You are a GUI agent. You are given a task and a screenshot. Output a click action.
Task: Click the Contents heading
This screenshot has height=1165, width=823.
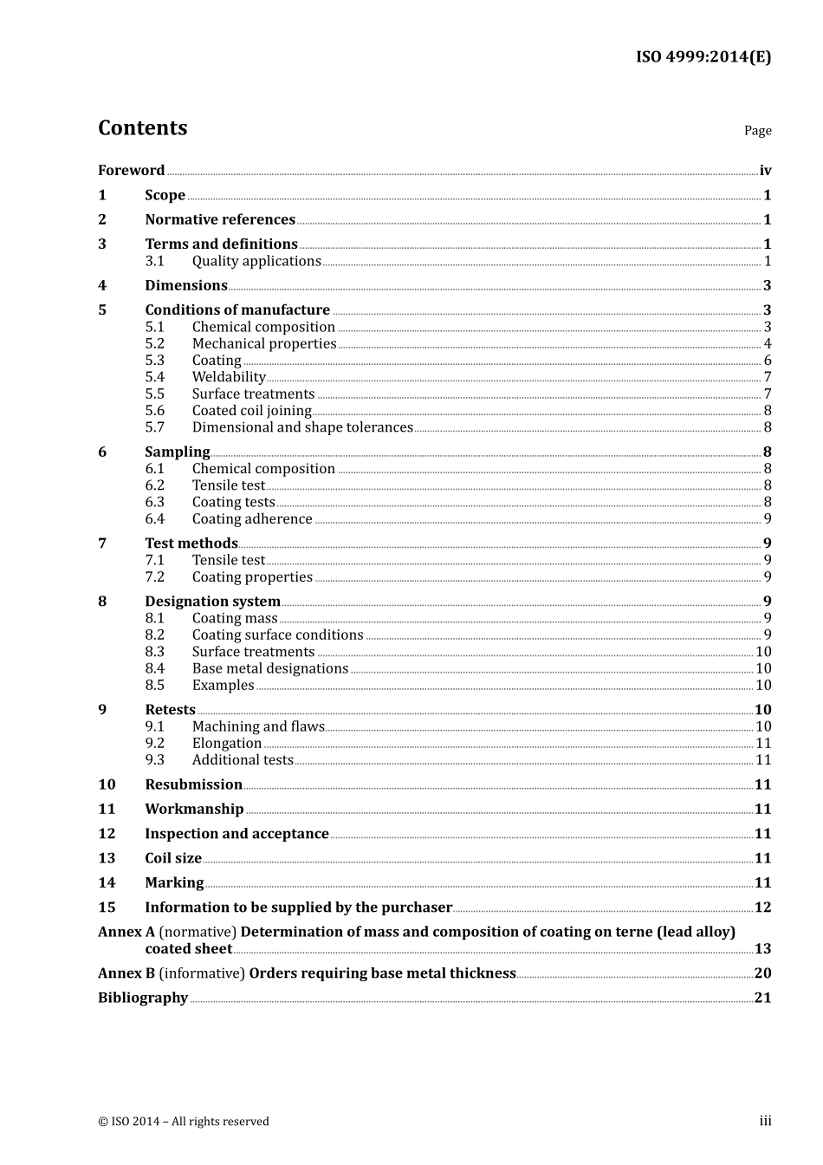[x=142, y=128]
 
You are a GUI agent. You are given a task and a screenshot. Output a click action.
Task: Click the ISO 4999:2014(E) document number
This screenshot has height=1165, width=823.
[x=703, y=57]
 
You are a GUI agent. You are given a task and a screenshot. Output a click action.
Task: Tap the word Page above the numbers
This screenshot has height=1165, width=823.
[x=757, y=131]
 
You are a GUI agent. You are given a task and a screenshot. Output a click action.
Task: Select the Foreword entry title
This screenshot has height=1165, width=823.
[x=131, y=171]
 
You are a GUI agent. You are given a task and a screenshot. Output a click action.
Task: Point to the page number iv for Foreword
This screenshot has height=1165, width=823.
[x=765, y=171]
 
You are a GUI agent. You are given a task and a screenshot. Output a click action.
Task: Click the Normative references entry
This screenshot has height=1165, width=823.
[x=220, y=220]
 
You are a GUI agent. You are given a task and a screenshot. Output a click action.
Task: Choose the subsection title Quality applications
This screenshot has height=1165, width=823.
[x=256, y=261]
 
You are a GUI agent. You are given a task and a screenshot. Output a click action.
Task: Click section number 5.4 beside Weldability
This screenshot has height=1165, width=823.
[x=154, y=377]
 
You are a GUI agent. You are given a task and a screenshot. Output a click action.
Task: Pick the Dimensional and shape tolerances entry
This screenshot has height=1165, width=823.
[x=302, y=427]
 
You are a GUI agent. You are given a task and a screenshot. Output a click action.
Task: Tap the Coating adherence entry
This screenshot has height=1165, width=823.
[x=252, y=519]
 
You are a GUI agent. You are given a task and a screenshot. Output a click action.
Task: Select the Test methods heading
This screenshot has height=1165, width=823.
[x=191, y=543]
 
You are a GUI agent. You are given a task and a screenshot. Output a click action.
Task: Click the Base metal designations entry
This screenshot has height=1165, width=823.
[x=270, y=668]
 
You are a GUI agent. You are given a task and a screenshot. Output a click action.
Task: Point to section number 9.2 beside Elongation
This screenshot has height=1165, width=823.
[x=154, y=744]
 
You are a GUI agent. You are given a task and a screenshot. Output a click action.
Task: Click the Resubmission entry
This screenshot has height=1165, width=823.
[x=193, y=784]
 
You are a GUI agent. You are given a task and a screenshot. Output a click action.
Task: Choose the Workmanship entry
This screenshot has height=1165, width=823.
[x=194, y=809]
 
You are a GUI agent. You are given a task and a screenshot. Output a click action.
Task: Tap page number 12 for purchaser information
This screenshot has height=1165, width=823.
[x=762, y=908]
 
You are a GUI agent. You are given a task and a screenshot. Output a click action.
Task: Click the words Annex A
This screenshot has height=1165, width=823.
[x=126, y=932]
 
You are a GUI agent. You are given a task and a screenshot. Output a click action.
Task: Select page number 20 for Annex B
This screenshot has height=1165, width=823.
[x=762, y=973]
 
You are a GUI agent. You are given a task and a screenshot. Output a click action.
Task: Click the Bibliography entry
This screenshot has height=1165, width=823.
[x=143, y=998]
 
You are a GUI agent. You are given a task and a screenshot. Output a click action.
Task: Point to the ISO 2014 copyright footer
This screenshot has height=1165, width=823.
[x=184, y=1122]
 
